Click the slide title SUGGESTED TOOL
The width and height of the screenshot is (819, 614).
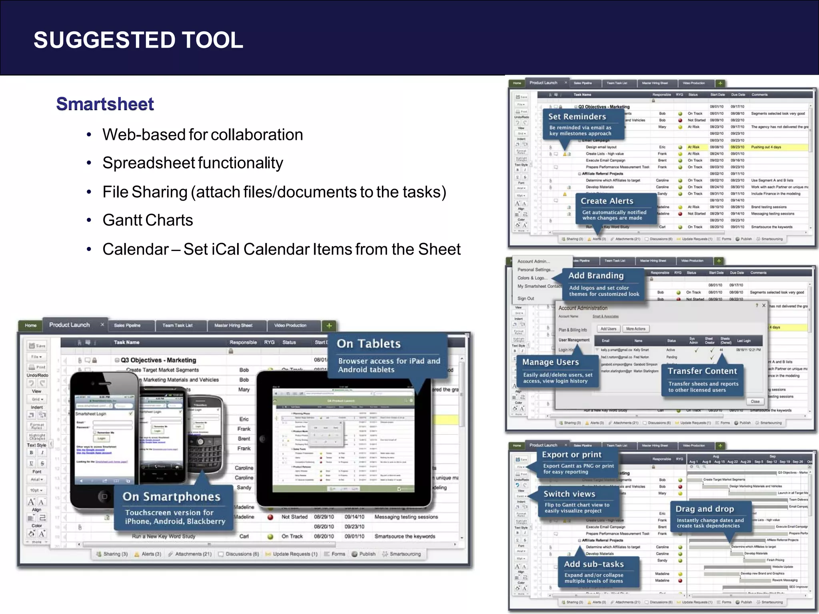(x=138, y=40)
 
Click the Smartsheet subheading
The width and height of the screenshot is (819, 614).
(x=105, y=104)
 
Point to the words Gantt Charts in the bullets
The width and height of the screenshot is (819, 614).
(x=148, y=220)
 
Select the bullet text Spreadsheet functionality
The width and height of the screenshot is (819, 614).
(x=192, y=163)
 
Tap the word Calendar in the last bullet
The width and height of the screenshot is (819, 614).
(x=135, y=249)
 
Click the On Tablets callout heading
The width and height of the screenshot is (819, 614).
(x=368, y=344)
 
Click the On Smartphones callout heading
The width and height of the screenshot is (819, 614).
(x=171, y=496)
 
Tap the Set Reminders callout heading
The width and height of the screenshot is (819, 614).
(x=577, y=117)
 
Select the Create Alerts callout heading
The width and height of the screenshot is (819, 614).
(x=607, y=201)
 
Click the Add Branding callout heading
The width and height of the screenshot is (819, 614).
(x=596, y=275)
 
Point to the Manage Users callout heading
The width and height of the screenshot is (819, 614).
(x=550, y=362)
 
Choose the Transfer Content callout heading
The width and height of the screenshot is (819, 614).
(x=702, y=371)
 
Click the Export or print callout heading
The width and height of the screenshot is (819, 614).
(x=571, y=455)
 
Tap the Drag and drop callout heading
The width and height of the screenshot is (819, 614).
(x=705, y=509)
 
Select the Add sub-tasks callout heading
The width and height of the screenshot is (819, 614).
(x=594, y=564)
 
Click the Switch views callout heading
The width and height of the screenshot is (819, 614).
(x=569, y=494)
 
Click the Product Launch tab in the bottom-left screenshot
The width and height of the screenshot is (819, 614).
(x=70, y=325)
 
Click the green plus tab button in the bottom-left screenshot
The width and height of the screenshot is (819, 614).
(x=329, y=325)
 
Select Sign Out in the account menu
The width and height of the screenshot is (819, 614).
(x=525, y=299)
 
